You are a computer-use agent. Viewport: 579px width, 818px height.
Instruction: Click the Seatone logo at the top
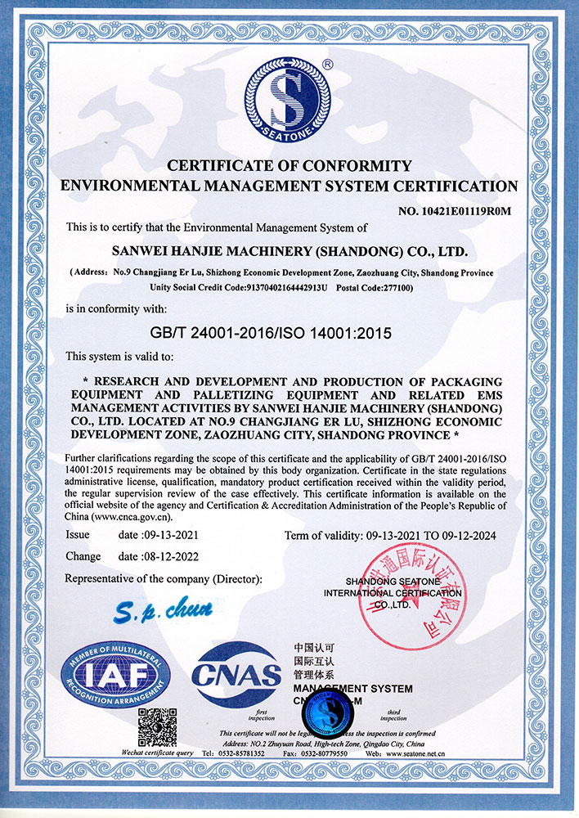click(x=289, y=99)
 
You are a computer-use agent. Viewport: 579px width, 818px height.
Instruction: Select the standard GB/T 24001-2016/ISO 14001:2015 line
click(x=289, y=333)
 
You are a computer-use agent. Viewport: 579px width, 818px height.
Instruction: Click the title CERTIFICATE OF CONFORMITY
click(x=289, y=167)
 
